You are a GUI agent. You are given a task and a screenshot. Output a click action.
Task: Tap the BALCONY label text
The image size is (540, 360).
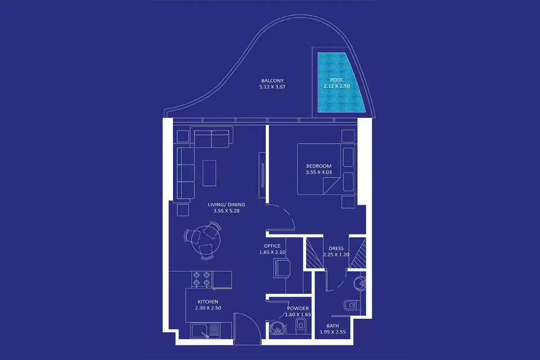click(x=273, y=81)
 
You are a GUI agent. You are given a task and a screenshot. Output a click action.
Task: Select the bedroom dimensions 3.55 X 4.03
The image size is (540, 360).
click(x=318, y=172)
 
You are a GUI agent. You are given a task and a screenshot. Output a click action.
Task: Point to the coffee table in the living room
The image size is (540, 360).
click(x=209, y=172)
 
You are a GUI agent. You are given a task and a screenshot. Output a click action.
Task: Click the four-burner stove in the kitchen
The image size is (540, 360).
click(x=202, y=279)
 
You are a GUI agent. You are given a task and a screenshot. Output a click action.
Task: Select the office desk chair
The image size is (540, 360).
click(x=281, y=269)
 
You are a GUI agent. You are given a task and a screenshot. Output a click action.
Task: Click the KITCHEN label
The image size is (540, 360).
click(x=208, y=301)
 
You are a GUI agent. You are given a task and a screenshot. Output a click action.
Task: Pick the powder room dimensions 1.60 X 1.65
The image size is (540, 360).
click(x=298, y=315)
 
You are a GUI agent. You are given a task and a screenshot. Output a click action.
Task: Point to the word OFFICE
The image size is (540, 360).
click(x=272, y=246)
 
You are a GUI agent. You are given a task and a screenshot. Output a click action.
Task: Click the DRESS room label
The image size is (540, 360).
click(x=336, y=248)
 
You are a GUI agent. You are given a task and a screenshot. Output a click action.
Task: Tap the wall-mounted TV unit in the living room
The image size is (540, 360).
click(x=261, y=174)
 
